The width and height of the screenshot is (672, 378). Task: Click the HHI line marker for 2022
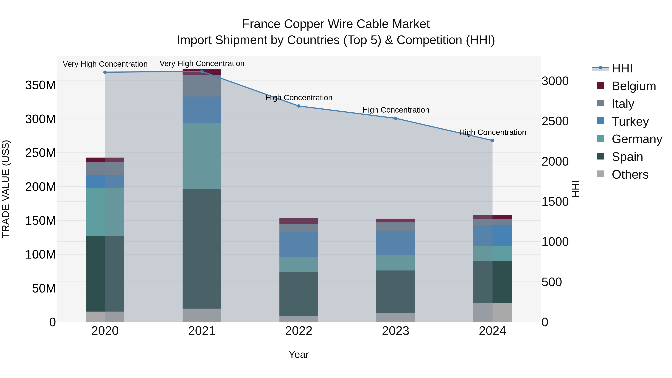[x=299, y=106]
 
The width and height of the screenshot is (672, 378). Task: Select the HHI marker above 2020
[x=105, y=72]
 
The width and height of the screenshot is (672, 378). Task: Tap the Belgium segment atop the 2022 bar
[x=299, y=221]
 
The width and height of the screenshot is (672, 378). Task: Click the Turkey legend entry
[x=630, y=121]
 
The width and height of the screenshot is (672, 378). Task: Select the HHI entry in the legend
[x=622, y=68]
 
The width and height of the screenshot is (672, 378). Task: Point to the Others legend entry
[x=630, y=175]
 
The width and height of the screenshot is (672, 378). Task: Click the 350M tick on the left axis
[x=41, y=85]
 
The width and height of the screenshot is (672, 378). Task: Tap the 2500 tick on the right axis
[x=555, y=121]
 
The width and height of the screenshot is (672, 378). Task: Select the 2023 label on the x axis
[x=396, y=331]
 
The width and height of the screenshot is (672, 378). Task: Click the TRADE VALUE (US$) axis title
[x=6, y=189]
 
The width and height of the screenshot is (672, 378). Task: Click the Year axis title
[x=299, y=354]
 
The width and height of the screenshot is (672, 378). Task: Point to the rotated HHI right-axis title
[x=575, y=189]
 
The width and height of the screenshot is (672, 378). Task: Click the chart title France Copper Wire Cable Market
[x=336, y=24]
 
